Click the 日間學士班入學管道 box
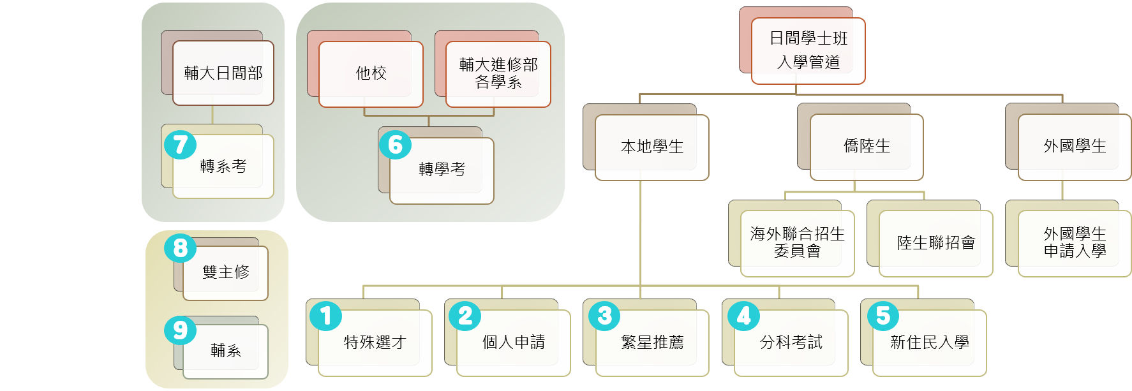click(x=808, y=50)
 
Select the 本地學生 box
click(x=652, y=147)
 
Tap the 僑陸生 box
click(x=867, y=147)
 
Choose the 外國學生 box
click(x=1075, y=147)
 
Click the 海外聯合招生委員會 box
click(x=797, y=243)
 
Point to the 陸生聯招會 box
click(x=935, y=243)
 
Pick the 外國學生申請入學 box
click(x=1075, y=243)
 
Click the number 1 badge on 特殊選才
click(x=326, y=316)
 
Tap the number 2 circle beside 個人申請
click(x=465, y=316)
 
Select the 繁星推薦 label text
click(x=652, y=343)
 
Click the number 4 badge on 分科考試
click(x=743, y=316)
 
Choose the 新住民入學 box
click(x=929, y=343)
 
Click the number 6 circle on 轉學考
click(x=395, y=145)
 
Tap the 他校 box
click(x=371, y=74)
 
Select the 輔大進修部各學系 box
click(x=498, y=74)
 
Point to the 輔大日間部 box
click(x=223, y=73)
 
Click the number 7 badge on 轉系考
click(x=180, y=145)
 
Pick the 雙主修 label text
click(x=226, y=272)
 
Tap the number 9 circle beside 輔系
click(x=180, y=330)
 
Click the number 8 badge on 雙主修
click(x=180, y=247)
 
